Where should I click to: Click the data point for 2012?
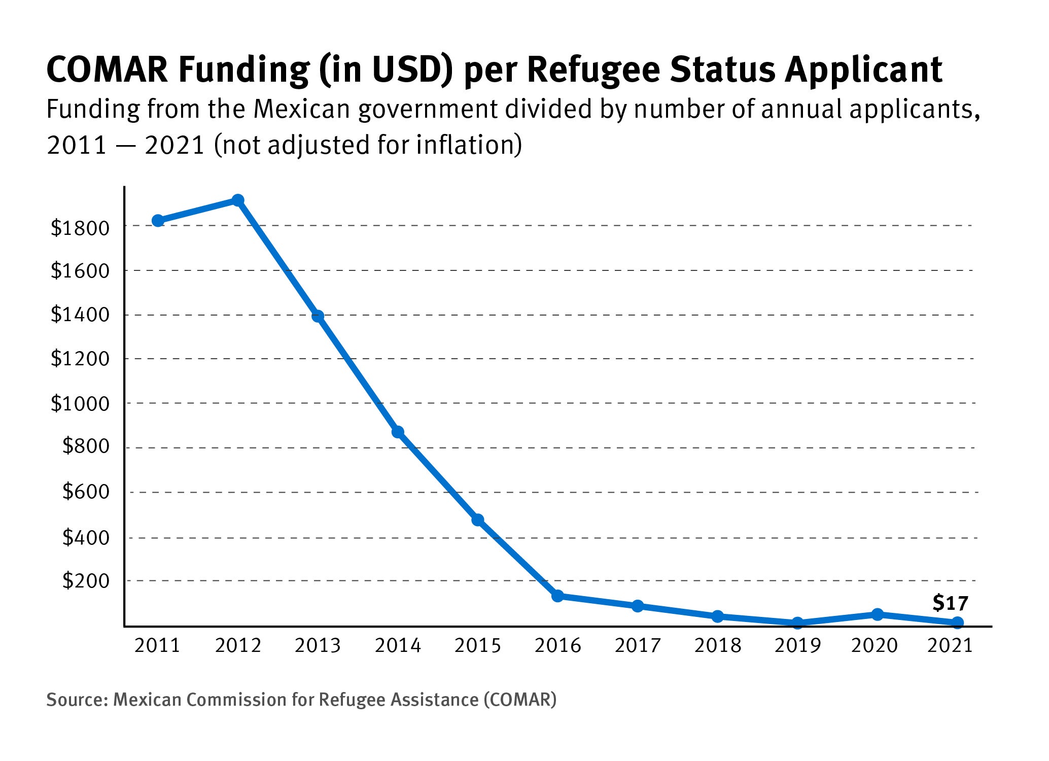pyautogui.click(x=237, y=200)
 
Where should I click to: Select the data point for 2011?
pyautogui.click(x=158, y=221)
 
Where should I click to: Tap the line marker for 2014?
pyautogui.click(x=398, y=432)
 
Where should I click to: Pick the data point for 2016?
pyautogui.click(x=557, y=596)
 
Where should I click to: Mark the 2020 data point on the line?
pyautogui.click(x=878, y=614)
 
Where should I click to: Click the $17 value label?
pyautogui.click(x=950, y=603)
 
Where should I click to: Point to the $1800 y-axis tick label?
pyautogui.click(x=80, y=228)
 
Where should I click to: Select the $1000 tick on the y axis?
pyautogui.click(x=80, y=404)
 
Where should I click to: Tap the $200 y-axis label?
pyautogui.click(x=86, y=581)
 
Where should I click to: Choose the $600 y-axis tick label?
pyautogui.click(x=86, y=492)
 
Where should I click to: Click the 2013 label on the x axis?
pyautogui.click(x=318, y=646)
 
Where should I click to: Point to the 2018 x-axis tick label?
pyautogui.click(x=718, y=646)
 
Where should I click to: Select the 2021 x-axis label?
pyautogui.click(x=950, y=646)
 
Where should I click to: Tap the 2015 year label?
pyautogui.click(x=477, y=646)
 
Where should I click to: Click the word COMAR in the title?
pyautogui.click(x=107, y=70)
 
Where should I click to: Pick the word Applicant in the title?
pyautogui.click(x=863, y=71)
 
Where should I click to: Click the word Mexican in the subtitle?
pyautogui.click(x=302, y=110)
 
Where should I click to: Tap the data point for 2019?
pyautogui.click(x=797, y=623)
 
